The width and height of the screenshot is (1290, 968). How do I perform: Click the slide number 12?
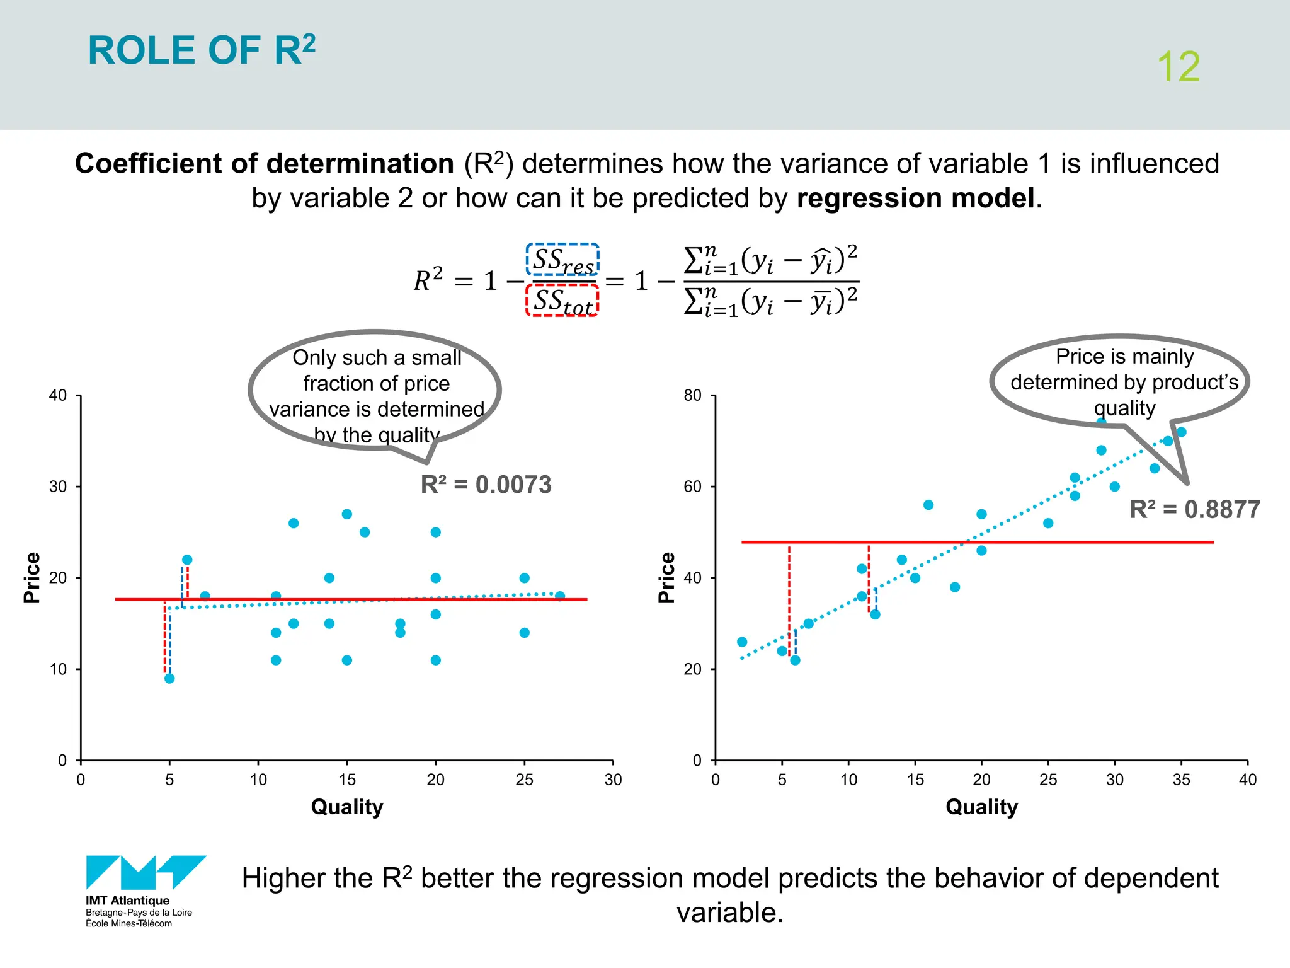(x=1178, y=67)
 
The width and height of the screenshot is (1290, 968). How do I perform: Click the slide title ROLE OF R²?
(x=202, y=50)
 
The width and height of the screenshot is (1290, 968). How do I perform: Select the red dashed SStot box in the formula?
(x=562, y=300)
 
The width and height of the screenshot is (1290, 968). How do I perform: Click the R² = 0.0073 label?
(x=486, y=485)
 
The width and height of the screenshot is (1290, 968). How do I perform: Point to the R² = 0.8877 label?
(x=1194, y=509)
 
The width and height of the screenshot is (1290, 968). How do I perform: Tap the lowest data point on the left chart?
(x=169, y=678)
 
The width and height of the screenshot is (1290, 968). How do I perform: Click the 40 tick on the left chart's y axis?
(x=58, y=396)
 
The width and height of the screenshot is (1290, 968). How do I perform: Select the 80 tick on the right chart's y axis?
(x=692, y=396)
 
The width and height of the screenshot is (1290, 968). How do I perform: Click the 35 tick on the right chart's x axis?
(x=1181, y=780)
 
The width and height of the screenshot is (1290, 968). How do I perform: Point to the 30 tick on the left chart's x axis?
(x=613, y=780)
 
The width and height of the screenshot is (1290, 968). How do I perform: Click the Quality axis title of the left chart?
(x=347, y=807)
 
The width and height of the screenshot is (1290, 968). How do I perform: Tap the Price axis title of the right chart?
(x=666, y=577)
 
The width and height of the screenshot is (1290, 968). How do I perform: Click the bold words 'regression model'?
(x=915, y=198)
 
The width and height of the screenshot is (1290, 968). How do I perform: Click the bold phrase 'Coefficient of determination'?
(x=265, y=164)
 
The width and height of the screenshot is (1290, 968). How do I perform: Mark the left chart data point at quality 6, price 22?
(x=187, y=560)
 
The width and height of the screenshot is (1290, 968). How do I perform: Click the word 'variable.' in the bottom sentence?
(x=730, y=913)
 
